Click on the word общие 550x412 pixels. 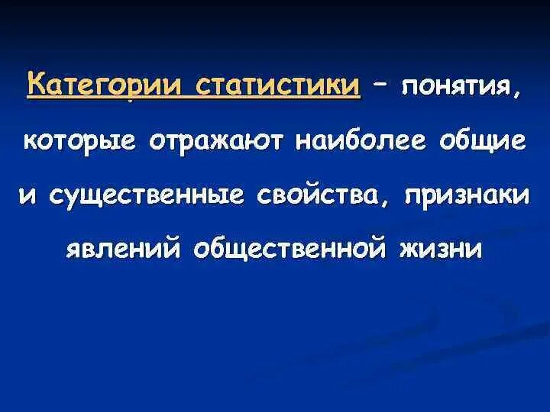pos(479,140)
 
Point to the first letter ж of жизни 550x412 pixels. pos(405,249)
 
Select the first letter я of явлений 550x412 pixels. pos(75,250)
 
